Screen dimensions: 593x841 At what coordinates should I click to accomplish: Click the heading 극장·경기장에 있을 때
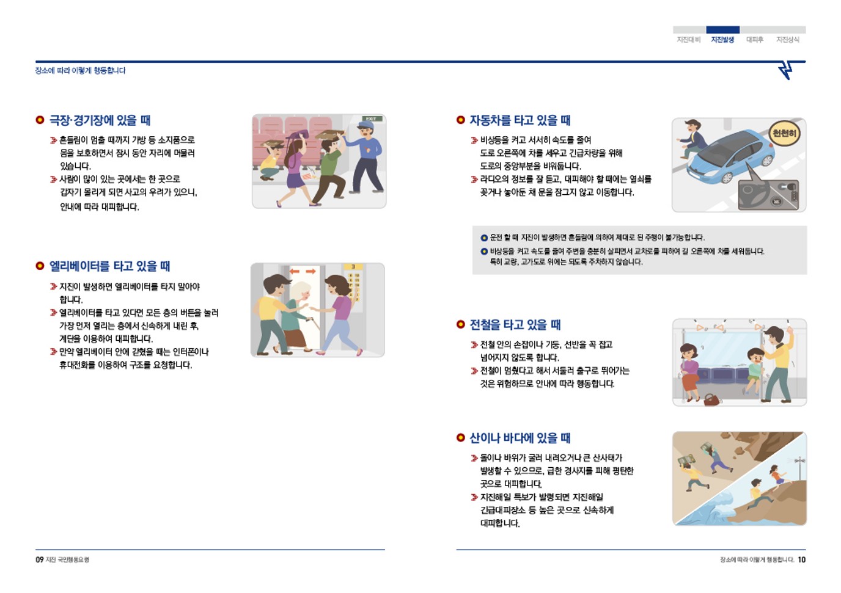(100, 120)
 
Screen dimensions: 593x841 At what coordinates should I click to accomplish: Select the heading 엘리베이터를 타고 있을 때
(109, 266)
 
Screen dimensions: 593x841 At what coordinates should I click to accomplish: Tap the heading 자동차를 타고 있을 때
(520, 120)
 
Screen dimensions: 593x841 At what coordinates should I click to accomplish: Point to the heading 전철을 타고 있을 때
(515, 325)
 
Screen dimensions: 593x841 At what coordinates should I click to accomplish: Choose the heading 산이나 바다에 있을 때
(520, 438)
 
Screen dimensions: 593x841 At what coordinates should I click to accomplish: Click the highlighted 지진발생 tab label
(722, 40)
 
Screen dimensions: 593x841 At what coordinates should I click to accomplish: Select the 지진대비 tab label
(688, 40)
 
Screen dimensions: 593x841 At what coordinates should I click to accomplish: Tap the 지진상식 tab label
(788, 40)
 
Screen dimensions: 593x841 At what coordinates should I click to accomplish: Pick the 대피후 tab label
(755, 40)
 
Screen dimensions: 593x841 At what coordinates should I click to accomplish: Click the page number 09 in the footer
(40, 559)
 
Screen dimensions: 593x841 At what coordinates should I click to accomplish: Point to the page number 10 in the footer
(802, 559)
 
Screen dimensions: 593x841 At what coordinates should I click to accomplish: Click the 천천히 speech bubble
(784, 134)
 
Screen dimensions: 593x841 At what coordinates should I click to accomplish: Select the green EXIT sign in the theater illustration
(371, 118)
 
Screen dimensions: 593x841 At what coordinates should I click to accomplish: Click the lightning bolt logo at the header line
(785, 70)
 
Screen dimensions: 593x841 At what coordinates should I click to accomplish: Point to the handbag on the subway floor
(711, 400)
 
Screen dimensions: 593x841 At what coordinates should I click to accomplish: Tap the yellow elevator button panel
(354, 287)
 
